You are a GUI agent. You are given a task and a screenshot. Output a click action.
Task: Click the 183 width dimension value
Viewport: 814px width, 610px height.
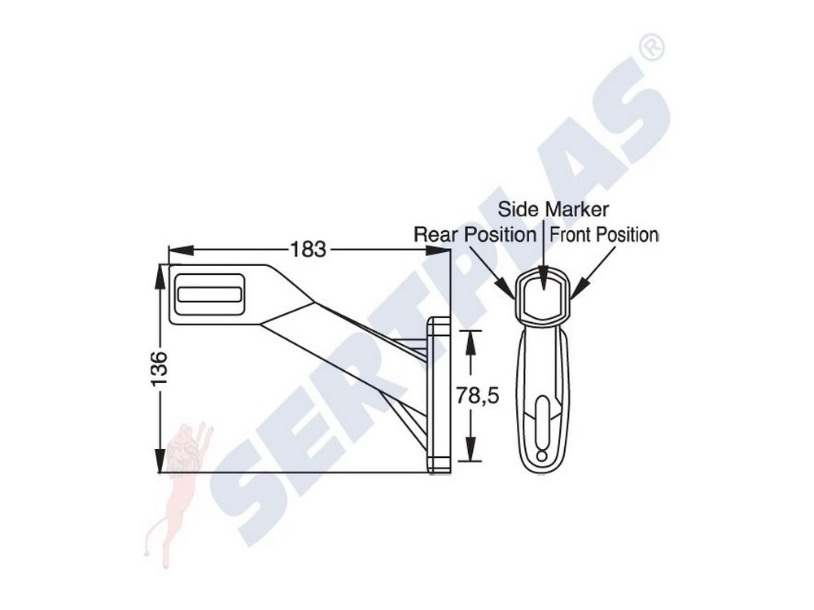308,250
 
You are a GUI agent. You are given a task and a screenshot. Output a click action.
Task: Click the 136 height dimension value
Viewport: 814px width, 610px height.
160,368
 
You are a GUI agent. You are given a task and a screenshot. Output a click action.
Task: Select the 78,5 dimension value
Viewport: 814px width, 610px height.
478,396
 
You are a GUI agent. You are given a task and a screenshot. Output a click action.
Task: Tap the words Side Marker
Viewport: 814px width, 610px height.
553,209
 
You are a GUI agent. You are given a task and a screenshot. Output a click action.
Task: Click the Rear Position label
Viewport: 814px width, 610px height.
475,234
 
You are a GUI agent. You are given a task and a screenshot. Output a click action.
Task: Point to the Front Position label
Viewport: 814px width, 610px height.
604,234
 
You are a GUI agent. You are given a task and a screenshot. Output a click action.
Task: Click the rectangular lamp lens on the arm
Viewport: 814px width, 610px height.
210,294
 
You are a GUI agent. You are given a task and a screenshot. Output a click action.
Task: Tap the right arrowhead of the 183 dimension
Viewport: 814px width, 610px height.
438,250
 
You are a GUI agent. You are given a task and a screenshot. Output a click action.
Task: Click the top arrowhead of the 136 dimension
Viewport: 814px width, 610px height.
160,277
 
